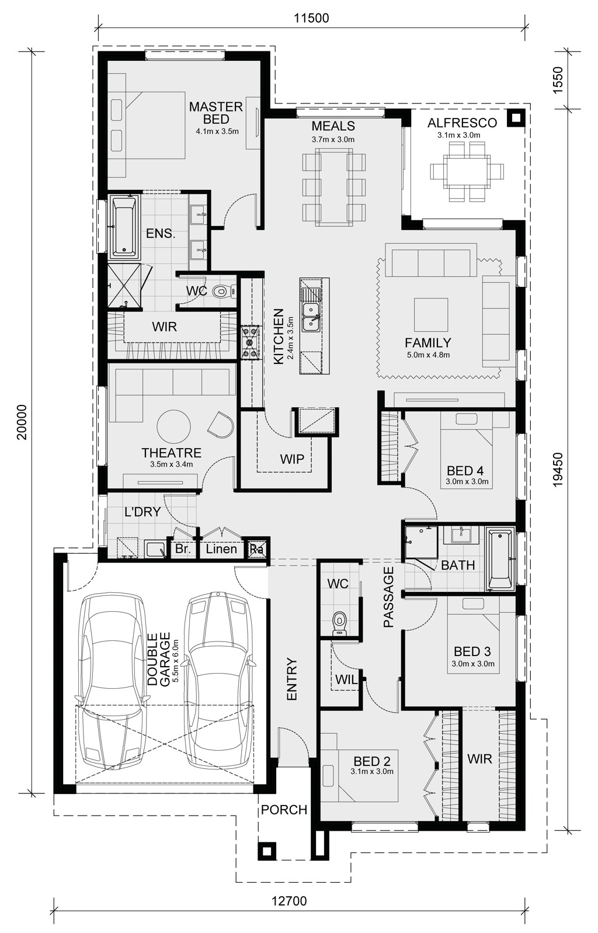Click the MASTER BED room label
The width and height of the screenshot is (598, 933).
(x=215, y=113)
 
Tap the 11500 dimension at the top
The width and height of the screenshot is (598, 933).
(x=311, y=18)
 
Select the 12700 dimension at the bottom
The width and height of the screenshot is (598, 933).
(x=289, y=898)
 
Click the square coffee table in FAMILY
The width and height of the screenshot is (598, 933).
(x=431, y=315)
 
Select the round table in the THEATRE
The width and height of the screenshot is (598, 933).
(x=173, y=426)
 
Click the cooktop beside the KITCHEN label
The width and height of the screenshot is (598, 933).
(x=249, y=342)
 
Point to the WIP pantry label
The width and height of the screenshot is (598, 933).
(x=292, y=459)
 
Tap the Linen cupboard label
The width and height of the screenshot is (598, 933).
(x=221, y=549)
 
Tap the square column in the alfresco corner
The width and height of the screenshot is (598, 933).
(x=516, y=119)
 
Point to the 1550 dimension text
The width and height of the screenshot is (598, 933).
(x=558, y=80)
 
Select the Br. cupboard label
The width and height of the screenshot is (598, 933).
(x=182, y=549)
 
